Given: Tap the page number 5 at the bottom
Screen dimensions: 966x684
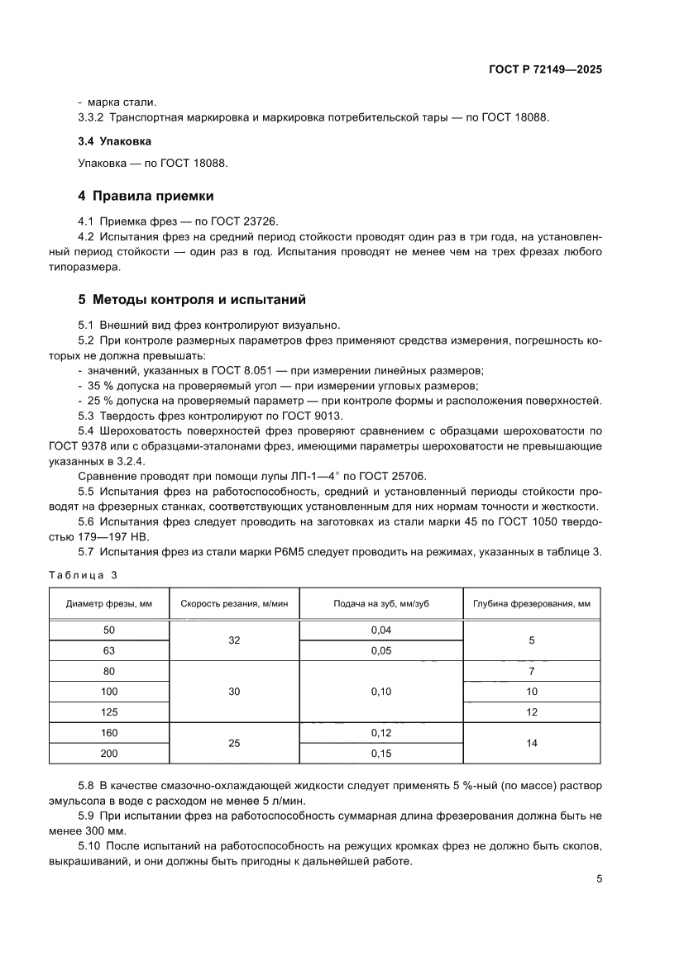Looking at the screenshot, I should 599,879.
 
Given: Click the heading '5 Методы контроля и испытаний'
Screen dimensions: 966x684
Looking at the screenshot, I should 192,299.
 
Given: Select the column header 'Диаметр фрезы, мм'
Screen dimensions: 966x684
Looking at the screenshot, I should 109,604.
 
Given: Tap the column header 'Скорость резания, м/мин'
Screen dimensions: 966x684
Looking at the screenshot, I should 234,604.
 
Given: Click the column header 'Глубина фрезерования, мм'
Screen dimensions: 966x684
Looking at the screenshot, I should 531,604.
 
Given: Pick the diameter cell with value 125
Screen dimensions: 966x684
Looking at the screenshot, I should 109,711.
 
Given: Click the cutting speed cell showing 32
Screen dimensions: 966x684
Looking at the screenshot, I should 234,640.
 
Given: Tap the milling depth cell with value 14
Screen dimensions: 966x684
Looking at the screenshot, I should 531,743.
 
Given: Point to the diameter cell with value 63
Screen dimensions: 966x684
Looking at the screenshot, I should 109,650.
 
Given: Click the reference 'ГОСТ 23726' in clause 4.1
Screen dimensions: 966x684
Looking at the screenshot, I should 250,221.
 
